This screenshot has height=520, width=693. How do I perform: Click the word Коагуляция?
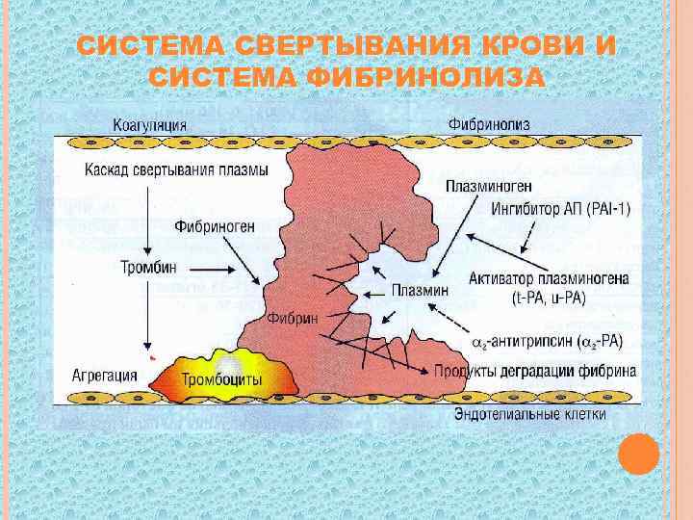click(x=150, y=124)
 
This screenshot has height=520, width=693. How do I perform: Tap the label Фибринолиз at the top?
click(x=488, y=124)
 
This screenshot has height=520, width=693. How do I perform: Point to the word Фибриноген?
click(x=215, y=228)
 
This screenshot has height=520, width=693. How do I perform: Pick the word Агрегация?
click(x=103, y=374)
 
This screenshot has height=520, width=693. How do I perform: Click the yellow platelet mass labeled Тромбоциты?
click(x=221, y=379)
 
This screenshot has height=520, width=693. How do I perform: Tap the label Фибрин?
click(x=295, y=318)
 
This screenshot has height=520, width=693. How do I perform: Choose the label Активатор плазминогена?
click(x=550, y=279)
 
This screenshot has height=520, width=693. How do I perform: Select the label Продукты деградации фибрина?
click(x=534, y=372)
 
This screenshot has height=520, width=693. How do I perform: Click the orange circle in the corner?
click(x=638, y=454)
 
